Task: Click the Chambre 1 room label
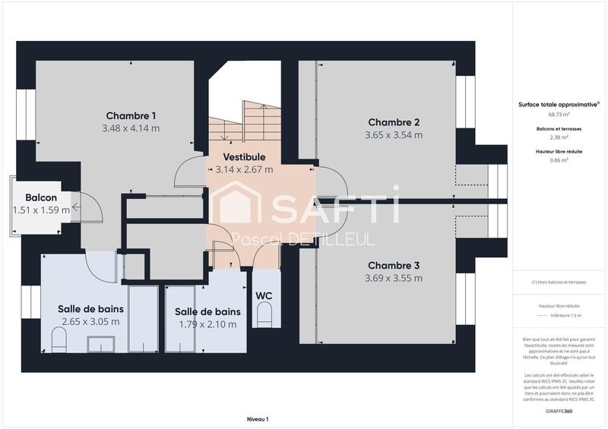pos(131,115)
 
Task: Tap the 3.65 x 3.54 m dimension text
pos(394,135)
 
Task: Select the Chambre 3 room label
pos(394,265)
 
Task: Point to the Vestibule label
pos(243,156)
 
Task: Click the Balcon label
pos(41,197)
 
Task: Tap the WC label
pos(264,295)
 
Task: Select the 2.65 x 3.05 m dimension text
pos(90,322)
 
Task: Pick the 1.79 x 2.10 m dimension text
pos(207,324)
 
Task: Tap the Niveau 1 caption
pos(258,418)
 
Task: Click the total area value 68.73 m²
pos(559,115)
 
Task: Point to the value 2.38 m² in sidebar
pos(559,137)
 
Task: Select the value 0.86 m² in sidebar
pos(559,160)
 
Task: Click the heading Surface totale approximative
pos(558,106)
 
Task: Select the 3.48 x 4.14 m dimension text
pos(131,128)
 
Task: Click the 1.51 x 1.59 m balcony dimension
pos(41,210)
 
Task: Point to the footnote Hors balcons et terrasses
pos(559,282)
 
